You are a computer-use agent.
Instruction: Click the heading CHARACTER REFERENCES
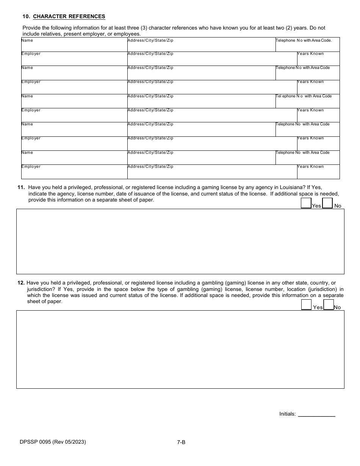pyautogui.click(x=69, y=16)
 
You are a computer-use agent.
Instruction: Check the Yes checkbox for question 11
pyautogui.click(x=306, y=203)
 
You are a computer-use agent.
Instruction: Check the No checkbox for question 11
pyautogui.click(x=327, y=203)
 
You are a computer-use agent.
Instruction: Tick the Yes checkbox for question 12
pyautogui.click(x=306, y=305)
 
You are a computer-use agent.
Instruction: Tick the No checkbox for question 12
pyautogui.click(x=329, y=305)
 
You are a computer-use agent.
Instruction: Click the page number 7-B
pyautogui.click(x=181, y=442)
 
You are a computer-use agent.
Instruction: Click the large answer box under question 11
pyautogui.click(x=180, y=241)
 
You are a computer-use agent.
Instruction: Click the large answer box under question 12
pyautogui.click(x=180, y=349)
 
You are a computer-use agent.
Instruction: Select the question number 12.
pyautogui.click(x=21, y=283)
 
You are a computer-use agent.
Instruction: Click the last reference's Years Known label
pyautogui.click(x=311, y=167)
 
